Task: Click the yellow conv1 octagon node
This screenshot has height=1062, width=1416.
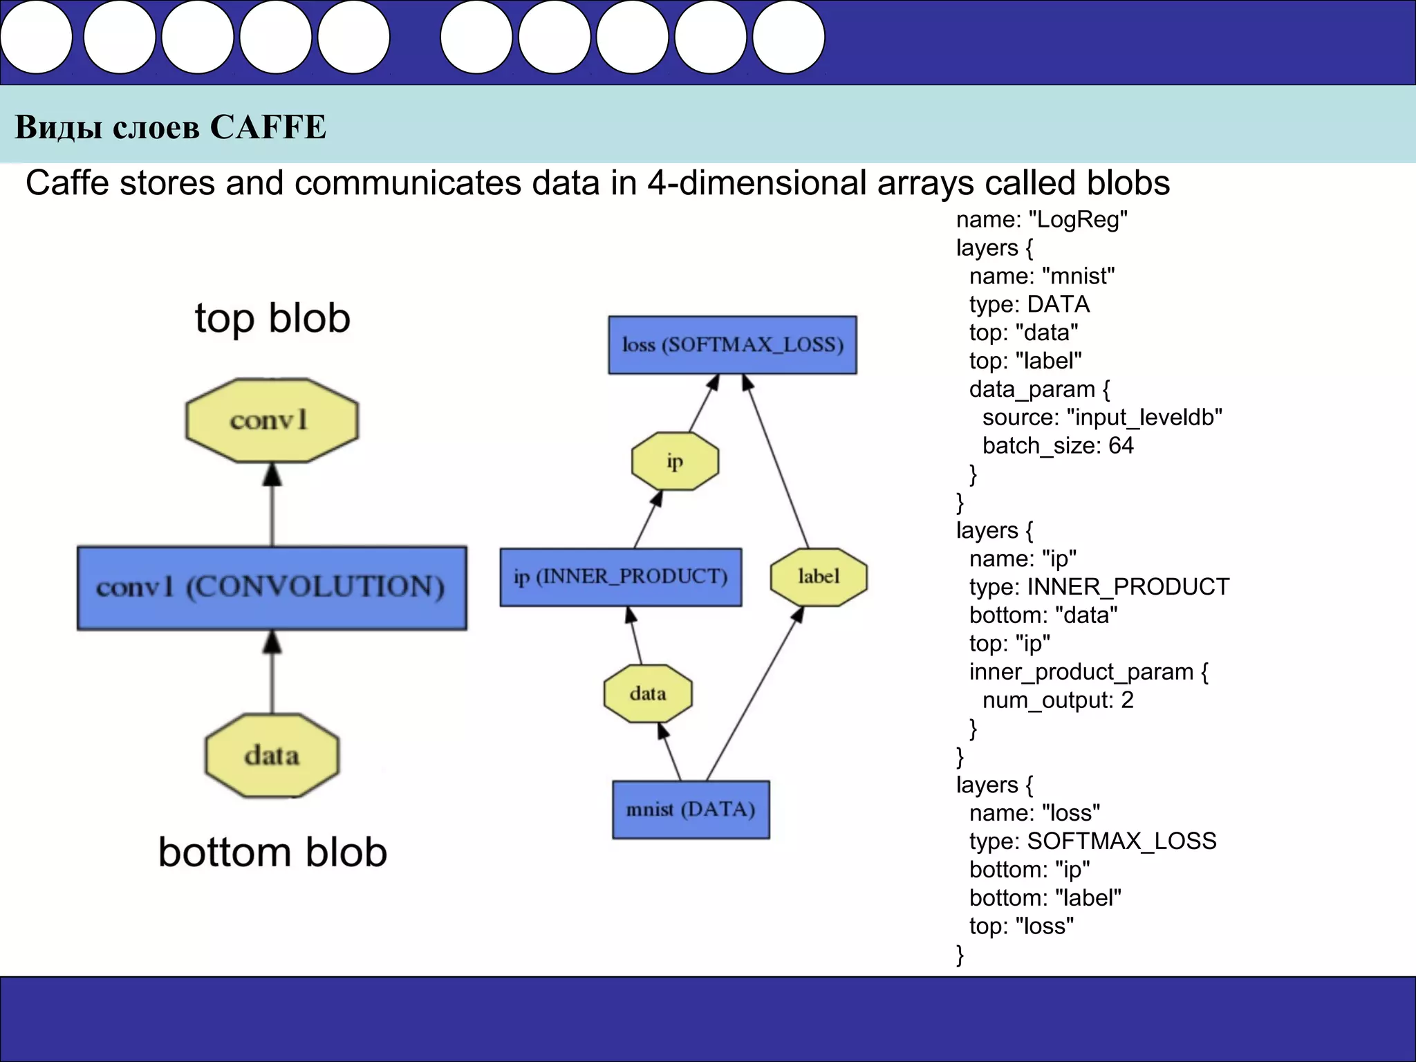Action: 272,420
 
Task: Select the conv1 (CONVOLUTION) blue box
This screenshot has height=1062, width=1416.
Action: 272,588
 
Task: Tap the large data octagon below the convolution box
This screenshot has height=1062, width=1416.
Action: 272,755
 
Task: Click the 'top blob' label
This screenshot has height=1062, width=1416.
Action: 272,319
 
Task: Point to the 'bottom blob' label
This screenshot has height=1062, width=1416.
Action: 272,852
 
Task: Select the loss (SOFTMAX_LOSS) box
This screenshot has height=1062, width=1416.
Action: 732,345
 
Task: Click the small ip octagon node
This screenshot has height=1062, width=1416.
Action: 675,461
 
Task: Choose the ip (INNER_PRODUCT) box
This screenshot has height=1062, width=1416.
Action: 620,577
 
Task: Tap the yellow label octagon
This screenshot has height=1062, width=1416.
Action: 819,577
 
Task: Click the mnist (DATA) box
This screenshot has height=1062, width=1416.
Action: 691,810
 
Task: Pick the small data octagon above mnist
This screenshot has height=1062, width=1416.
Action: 648,693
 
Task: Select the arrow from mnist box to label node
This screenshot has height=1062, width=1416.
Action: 754,693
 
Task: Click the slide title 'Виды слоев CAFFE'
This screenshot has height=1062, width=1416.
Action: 171,127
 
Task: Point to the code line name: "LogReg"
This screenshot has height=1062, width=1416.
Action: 1041,220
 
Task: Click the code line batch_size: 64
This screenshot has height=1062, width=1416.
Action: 1057,446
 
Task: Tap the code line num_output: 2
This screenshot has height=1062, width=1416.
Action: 1057,700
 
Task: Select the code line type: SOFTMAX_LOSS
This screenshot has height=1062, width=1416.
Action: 1092,841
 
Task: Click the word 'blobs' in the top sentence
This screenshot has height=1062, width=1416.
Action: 1128,183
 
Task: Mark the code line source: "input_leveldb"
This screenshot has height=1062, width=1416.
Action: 1101,418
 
